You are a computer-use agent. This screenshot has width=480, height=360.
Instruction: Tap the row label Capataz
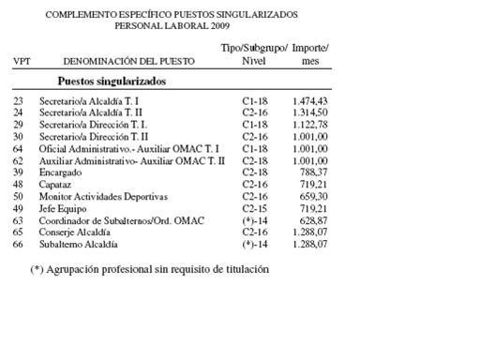(x=54, y=185)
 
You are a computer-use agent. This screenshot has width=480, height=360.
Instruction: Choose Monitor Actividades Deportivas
(x=103, y=197)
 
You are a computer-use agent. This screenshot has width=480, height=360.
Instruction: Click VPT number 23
(x=18, y=99)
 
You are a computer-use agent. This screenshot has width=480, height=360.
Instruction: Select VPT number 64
(x=18, y=148)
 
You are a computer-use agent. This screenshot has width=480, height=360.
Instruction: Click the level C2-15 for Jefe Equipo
(x=255, y=209)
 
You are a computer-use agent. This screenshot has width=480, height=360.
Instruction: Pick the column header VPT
(x=21, y=61)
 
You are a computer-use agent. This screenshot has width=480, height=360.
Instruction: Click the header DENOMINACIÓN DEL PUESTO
(x=129, y=61)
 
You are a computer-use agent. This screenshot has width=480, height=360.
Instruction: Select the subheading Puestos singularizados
(x=112, y=81)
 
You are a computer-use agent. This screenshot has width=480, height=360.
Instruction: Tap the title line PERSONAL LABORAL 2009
(x=172, y=26)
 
